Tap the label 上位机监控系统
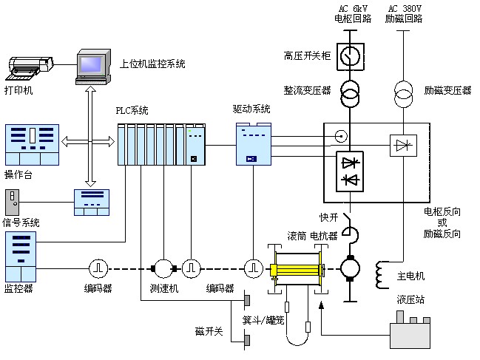(x=152, y=64)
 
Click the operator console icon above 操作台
(x=32, y=145)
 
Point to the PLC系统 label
(x=132, y=111)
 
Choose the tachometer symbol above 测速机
(x=161, y=267)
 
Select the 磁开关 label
(x=209, y=330)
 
